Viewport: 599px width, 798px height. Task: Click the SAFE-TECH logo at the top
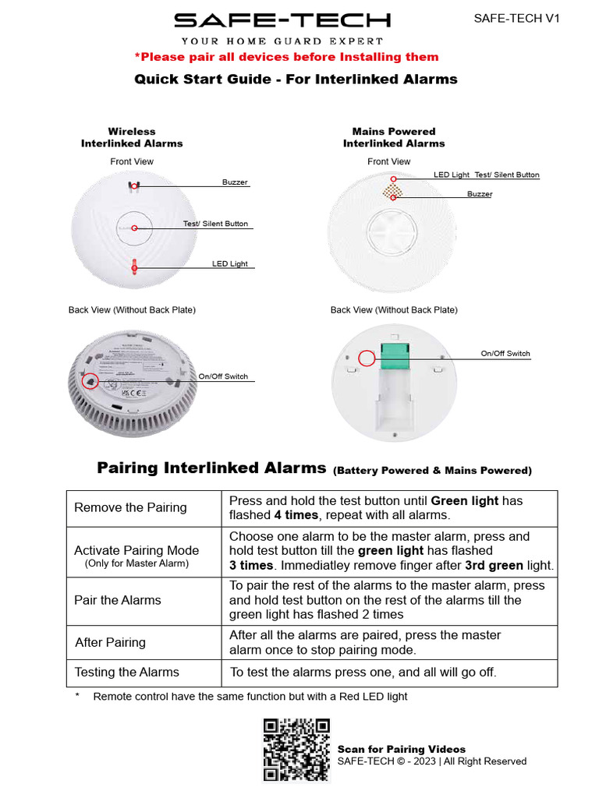point(282,21)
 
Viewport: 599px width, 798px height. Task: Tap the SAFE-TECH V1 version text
point(517,19)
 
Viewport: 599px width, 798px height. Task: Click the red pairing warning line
point(286,57)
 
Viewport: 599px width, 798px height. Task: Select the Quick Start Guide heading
point(296,79)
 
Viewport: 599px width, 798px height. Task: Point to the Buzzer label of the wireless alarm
point(235,182)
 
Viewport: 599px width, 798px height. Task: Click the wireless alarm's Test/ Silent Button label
point(215,224)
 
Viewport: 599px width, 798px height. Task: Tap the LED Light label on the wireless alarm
point(230,264)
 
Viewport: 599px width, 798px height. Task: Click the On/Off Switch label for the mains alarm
point(505,354)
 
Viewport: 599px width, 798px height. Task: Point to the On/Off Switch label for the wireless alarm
point(223,377)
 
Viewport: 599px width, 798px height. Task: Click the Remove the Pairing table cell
point(130,508)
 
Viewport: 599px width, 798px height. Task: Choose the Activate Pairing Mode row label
point(136,551)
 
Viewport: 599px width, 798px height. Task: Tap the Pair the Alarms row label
point(118,600)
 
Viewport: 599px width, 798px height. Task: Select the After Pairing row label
point(110,643)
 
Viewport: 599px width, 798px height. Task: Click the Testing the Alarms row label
point(126,673)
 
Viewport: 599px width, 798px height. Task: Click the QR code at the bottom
point(296,750)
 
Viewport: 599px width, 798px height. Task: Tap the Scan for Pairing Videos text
point(401,749)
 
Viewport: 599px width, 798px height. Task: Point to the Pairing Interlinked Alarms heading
point(211,468)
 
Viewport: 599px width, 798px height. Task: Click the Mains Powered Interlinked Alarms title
point(394,137)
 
